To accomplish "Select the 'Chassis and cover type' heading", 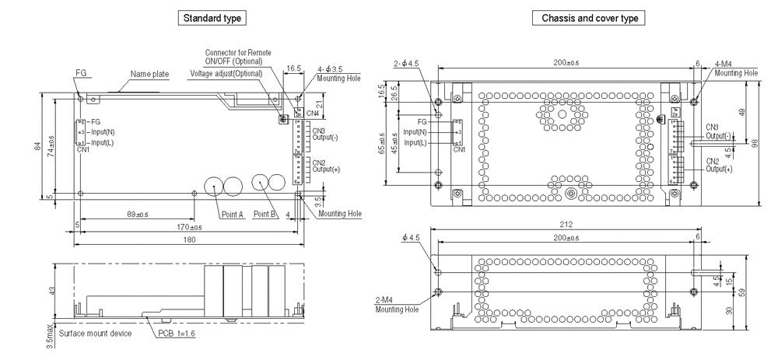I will pyautogui.click(x=589, y=17).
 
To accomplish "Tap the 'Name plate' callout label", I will pyautogui.click(x=149, y=74).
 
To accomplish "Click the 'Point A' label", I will pyautogui.click(x=232, y=214).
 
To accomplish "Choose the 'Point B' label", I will pyautogui.click(x=266, y=214).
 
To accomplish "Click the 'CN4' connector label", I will pyautogui.click(x=312, y=114).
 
